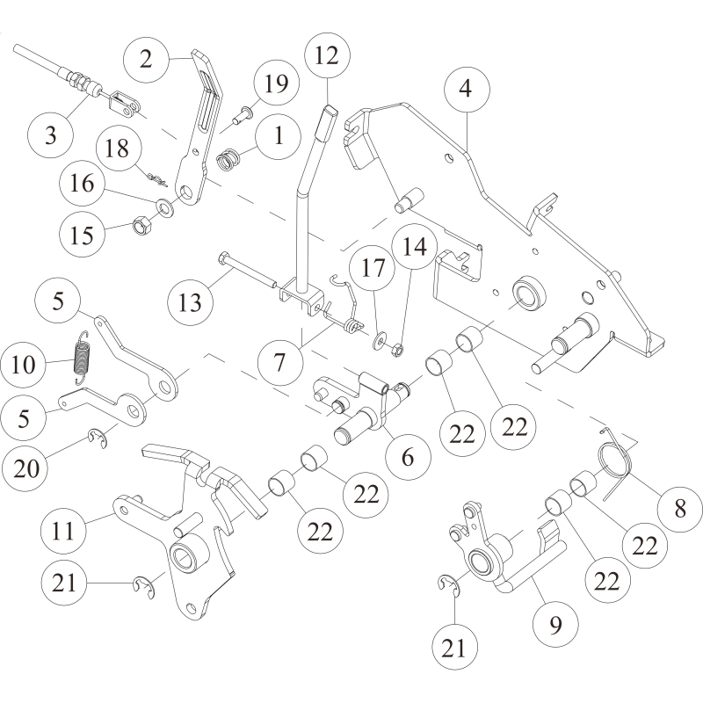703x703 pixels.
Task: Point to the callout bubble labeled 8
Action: (x=678, y=508)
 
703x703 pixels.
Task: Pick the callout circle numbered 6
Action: (x=407, y=457)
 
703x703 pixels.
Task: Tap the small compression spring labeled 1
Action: (x=228, y=162)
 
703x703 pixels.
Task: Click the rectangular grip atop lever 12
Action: (x=327, y=120)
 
